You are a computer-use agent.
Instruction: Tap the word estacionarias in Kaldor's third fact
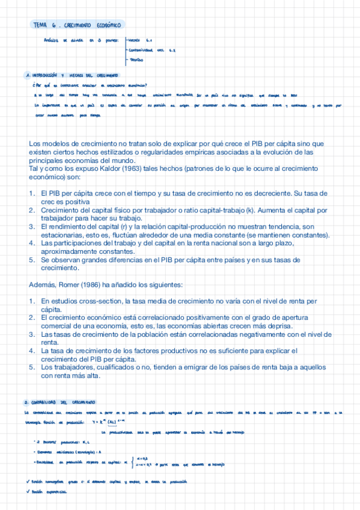pyautogui.click(x=58, y=235)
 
